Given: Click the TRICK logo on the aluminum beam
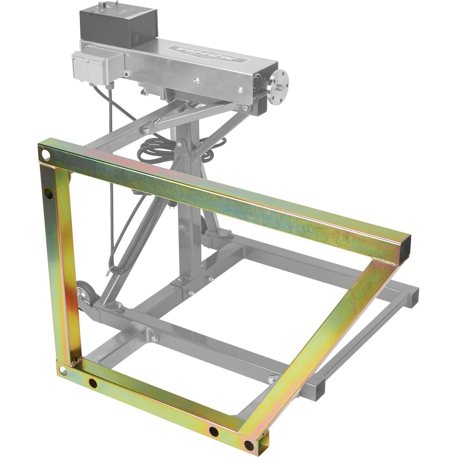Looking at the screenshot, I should (204, 54).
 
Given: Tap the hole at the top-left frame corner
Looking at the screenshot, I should (45, 154).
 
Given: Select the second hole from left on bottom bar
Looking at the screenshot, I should (93, 383).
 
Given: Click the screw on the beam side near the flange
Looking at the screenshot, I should (240, 90).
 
